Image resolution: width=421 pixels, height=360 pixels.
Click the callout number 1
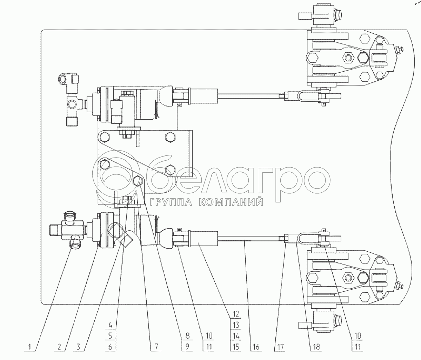pyautogui.click(x=30, y=347)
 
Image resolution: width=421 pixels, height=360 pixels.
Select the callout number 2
pyautogui.click(x=59, y=347)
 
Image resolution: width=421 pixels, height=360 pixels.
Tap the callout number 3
pyautogui.click(x=79, y=347)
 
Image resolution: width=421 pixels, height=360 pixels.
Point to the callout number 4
pyautogui.click(x=110, y=325)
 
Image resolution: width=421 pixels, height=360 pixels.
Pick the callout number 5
pyautogui.click(x=110, y=336)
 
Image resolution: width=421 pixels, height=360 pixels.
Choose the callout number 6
pyautogui.click(x=110, y=347)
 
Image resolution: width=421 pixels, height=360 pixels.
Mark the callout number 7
pyautogui.click(x=156, y=347)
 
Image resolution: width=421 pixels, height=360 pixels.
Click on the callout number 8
pyautogui.click(x=187, y=336)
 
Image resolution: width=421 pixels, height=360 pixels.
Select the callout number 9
pyautogui.click(x=187, y=347)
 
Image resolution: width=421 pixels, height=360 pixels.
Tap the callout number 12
pyautogui.click(x=236, y=314)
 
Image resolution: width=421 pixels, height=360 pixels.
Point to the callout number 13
pyautogui.click(x=236, y=325)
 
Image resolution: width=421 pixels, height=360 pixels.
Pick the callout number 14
pyautogui.click(x=236, y=336)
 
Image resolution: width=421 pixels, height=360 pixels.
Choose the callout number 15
pyautogui.click(x=236, y=347)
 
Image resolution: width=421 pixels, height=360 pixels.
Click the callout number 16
pyautogui.click(x=256, y=347)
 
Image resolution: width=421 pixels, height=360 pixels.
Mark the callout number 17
pyautogui.click(x=280, y=347)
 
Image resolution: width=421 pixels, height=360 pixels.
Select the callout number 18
pyautogui.click(x=316, y=347)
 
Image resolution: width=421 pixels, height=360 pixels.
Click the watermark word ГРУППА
pyautogui.click(x=171, y=202)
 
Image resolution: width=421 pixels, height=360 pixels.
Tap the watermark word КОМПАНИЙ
pyautogui.click(x=231, y=202)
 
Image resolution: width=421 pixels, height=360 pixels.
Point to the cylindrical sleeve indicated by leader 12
pyautogui.click(x=204, y=238)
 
